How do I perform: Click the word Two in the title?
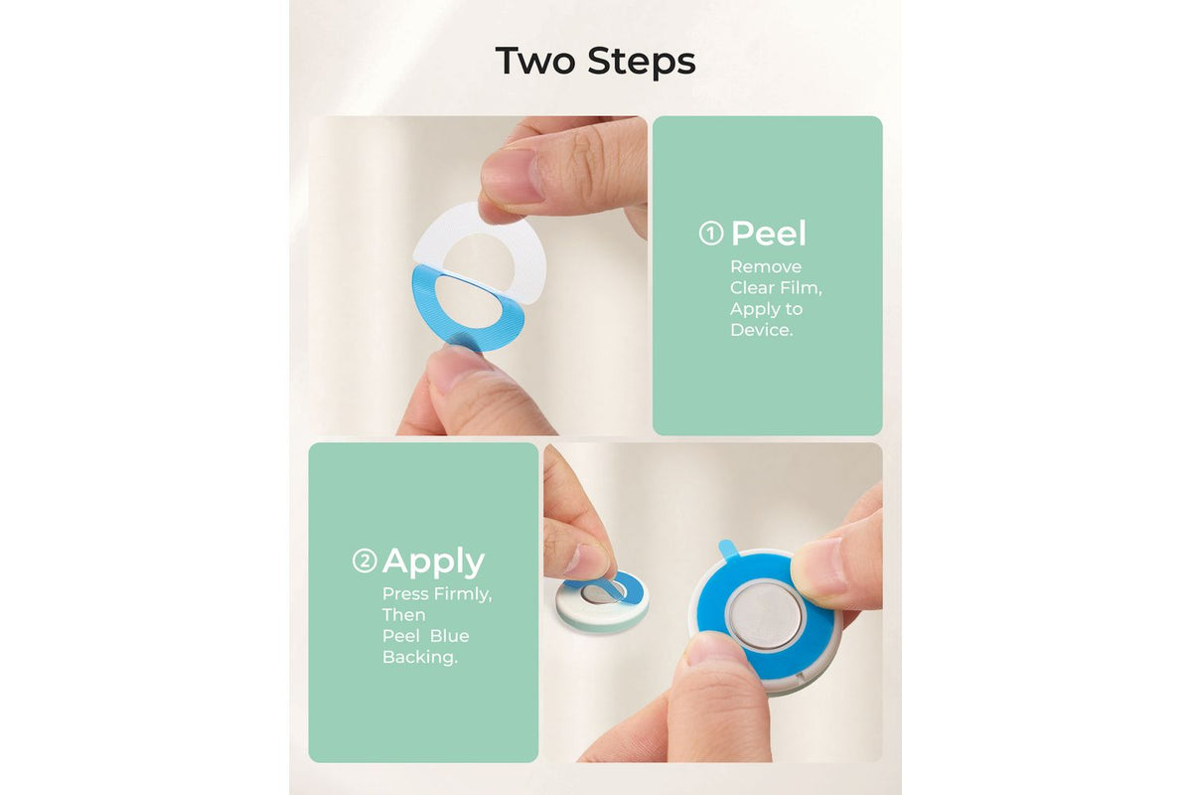(535, 61)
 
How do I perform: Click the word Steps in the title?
(642, 63)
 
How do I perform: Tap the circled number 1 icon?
(711, 234)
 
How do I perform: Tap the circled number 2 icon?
(365, 560)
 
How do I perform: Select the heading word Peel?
(769, 233)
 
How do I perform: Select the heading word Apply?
(433, 562)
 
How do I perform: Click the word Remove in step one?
(766, 266)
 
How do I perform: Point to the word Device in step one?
(760, 330)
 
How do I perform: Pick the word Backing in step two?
(419, 658)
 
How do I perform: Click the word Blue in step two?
(449, 636)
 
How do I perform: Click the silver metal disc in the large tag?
(767, 615)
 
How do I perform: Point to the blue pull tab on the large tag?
(728, 550)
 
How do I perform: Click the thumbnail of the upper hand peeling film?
(510, 174)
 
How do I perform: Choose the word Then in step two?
(403, 615)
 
